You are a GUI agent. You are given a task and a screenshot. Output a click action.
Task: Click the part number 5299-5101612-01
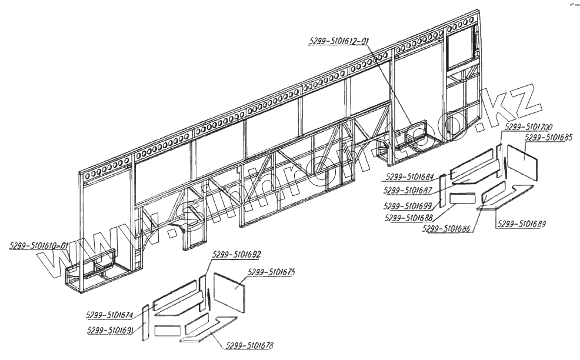338,41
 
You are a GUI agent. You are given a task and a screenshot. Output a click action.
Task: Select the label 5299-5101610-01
39,245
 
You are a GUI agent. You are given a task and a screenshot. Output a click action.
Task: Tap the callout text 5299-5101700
528,126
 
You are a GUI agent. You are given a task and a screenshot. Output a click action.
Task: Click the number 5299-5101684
410,177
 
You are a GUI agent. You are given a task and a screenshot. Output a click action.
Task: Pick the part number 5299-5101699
408,206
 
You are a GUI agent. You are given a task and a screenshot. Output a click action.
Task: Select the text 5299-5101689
521,224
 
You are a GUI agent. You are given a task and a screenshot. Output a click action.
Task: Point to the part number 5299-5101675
271,272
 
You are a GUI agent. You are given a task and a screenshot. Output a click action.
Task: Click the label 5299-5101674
109,314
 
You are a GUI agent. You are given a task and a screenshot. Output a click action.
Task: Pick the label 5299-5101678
249,345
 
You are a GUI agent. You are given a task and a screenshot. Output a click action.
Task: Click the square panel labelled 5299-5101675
228,293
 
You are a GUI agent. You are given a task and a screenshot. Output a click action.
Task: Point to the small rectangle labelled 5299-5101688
464,198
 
